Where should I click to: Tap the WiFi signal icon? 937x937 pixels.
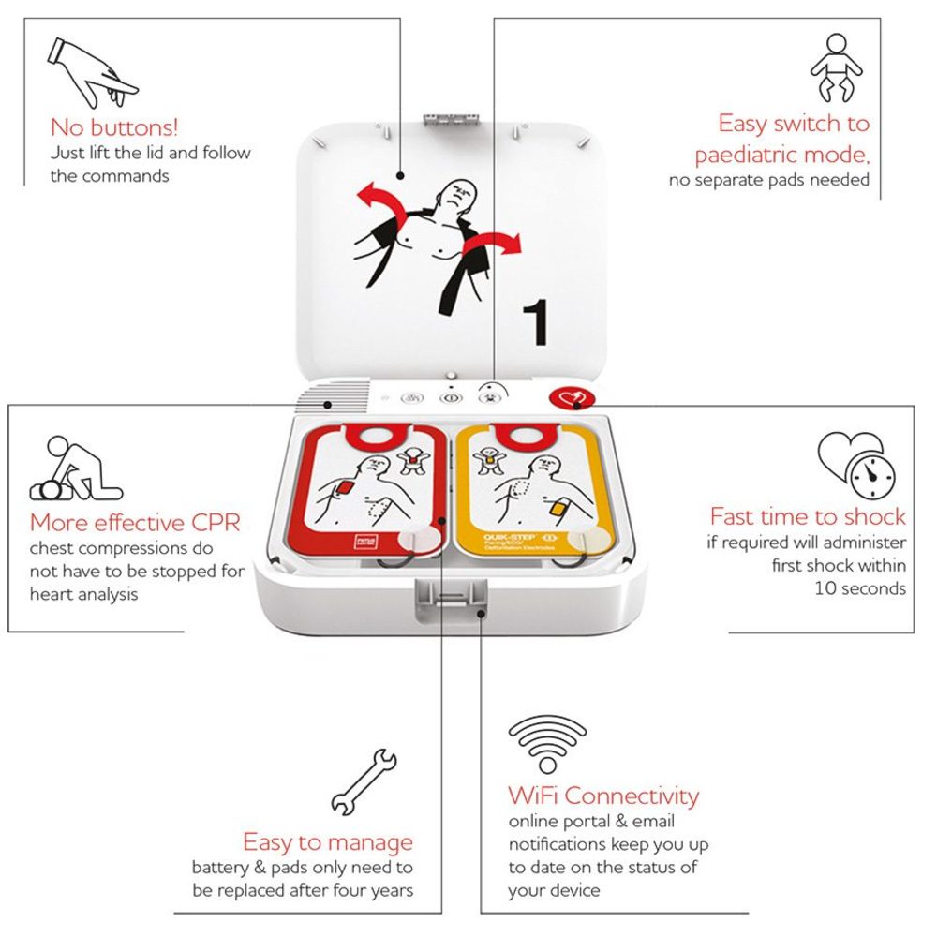(x=547, y=744)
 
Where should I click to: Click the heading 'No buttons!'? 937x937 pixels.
(x=113, y=126)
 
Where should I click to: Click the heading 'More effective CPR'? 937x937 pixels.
(x=135, y=522)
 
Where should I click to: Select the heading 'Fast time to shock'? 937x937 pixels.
(x=807, y=516)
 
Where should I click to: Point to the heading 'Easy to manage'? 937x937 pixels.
(x=327, y=841)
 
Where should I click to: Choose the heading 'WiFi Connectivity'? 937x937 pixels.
(x=603, y=796)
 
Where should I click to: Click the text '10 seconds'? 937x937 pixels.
(x=860, y=588)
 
